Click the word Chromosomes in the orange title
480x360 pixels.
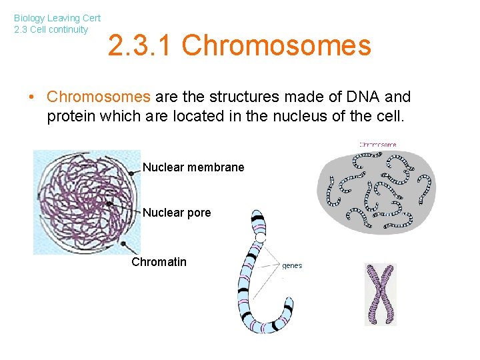(276, 46)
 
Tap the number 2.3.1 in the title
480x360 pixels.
(141, 46)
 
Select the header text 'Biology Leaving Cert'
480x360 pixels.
(57, 19)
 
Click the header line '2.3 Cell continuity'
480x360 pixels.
(51, 29)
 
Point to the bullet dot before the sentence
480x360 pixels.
(31, 97)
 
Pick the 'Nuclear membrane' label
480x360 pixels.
(193, 167)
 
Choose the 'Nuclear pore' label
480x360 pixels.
(177, 213)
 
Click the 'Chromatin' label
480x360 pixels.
(159, 262)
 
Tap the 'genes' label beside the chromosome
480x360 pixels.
(292, 265)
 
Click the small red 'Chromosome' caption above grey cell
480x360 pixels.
(378, 144)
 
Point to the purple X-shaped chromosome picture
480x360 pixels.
(380, 293)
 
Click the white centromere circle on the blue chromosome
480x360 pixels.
(261, 237)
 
